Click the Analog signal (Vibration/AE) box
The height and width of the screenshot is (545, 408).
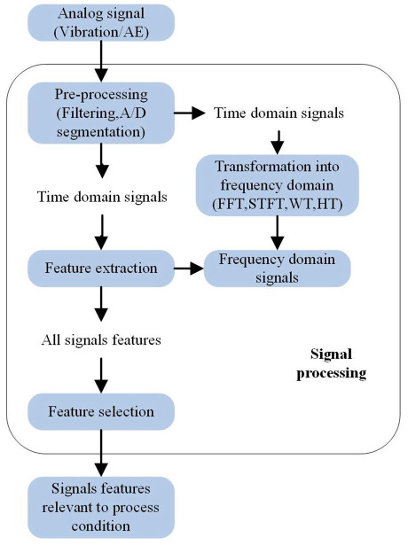point(101,22)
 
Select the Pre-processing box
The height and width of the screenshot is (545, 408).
point(101,113)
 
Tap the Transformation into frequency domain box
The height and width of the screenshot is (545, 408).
point(278,185)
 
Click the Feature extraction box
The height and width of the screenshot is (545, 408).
point(101,268)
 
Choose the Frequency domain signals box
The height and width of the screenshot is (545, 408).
point(277,268)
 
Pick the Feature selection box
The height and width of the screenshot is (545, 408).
point(101,411)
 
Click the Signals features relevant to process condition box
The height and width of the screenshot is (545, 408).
point(101,507)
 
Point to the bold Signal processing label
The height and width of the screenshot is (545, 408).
point(331,363)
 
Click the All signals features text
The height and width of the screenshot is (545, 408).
point(101,339)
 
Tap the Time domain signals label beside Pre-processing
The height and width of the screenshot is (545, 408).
point(279,113)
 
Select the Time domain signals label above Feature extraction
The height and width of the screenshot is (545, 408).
point(102,197)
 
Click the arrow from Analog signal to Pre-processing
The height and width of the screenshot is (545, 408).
point(101,61)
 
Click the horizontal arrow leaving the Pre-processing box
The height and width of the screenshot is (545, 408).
point(190,113)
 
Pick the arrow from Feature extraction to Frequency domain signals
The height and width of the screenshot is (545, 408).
point(189,269)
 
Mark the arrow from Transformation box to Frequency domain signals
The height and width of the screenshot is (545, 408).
point(278,233)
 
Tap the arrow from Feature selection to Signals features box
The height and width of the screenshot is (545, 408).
point(101,453)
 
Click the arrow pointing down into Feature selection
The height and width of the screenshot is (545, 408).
point(101,376)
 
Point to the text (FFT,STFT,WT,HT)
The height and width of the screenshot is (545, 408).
point(278,204)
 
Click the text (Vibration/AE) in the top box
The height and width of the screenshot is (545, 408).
point(101,32)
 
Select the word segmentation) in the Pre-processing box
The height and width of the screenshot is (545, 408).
point(101,132)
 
